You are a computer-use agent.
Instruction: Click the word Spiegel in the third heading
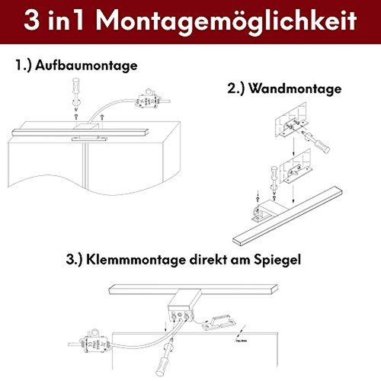[x=280, y=258]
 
